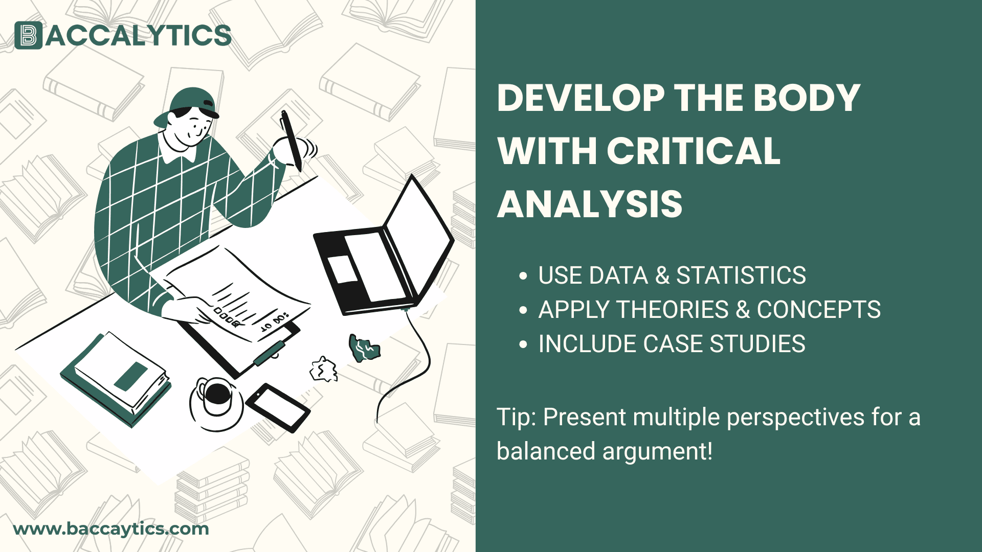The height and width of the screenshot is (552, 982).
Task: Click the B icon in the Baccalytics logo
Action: (x=28, y=35)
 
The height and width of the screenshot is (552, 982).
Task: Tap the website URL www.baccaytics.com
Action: (x=111, y=528)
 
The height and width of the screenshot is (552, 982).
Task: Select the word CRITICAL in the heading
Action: (x=694, y=151)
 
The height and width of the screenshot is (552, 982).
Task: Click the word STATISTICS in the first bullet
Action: (x=741, y=275)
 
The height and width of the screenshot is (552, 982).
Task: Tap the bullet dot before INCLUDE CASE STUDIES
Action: (x=523, y=344)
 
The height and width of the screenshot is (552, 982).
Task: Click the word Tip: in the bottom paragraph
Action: (x=516, y=417)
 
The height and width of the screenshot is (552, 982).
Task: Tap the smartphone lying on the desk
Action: (x=278, y=407)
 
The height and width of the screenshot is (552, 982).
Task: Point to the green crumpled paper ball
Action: (x=364, y=348)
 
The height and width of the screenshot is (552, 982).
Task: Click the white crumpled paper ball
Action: (x=324, y=370)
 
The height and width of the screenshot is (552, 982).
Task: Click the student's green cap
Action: (x=192, y=102)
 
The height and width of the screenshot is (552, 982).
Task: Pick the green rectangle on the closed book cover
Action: (x=131, y=376)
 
